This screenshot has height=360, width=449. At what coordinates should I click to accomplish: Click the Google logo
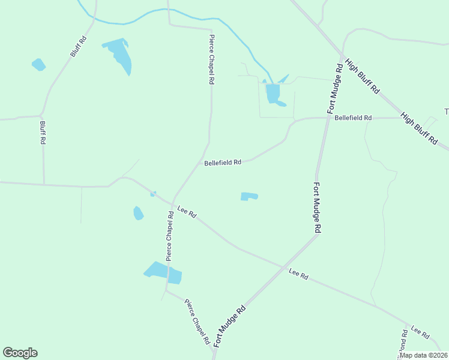pos(20,353)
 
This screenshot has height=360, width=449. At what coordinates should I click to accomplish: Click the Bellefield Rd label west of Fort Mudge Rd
pos(223,163)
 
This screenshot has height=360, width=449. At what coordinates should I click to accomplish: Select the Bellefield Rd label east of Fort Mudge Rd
pos(354,118)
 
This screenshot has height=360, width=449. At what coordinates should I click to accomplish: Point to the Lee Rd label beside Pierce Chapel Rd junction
pos(187,212)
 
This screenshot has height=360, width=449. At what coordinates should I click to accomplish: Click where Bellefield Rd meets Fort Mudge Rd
pos(328,118)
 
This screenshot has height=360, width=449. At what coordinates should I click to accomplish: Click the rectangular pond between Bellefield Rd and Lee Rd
pos(249,196)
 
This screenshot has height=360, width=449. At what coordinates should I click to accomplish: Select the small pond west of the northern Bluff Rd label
pos(38,64)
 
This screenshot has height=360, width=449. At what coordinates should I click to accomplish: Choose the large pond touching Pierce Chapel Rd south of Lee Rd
pos(163,272)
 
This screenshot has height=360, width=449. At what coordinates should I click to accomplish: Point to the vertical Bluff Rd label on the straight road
pos(43,133)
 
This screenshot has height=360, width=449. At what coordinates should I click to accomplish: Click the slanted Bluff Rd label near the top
pos(79,47)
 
